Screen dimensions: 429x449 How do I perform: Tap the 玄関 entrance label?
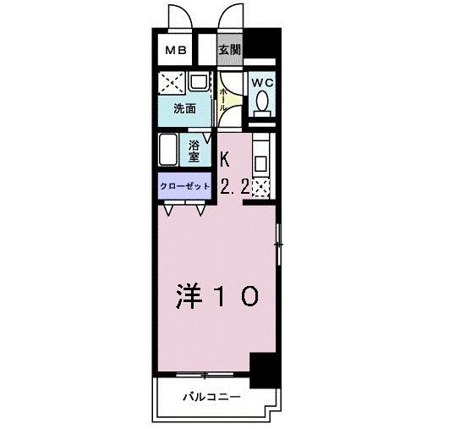pyautogui.click(x=229, y=50)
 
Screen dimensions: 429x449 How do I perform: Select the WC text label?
pyautogui.click(x=262, y=83)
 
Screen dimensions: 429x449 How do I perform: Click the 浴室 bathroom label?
pyautogui.click(x=194, y=151)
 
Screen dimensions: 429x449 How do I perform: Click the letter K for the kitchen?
pyautogui.click(x=226, y=157)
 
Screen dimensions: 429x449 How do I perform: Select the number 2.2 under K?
pyautogui.click(x=234, y=188)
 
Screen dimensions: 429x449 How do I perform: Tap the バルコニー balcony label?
pyautogui.click(x=211, y=396)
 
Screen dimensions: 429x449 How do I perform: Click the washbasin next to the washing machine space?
pyautogui.click(x=200, y=83)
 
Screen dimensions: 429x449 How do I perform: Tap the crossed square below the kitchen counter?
pyautogui.click(x=262, y=188)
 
